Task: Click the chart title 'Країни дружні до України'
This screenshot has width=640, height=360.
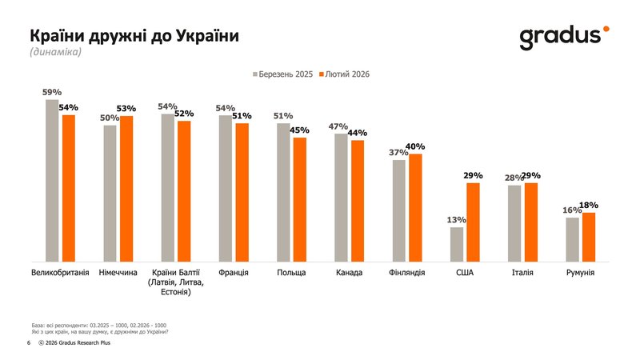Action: (134, 37)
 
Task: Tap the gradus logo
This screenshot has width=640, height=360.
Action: (564, 37)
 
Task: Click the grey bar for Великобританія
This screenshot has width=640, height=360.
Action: (52, 180)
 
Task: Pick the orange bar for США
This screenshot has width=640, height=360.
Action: (473, 222)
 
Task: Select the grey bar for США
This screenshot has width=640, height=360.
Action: (456, 244)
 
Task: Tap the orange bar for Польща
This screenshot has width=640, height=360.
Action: (300, 199)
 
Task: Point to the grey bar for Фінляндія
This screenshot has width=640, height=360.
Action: (398, 210)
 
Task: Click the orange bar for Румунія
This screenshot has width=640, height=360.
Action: (589, 237)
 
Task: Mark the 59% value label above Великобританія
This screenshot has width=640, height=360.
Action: (52, 92)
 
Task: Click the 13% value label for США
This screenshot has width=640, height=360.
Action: (456, 220)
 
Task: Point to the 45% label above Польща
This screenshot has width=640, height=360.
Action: (301, 130)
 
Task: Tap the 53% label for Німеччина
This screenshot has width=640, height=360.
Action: (126, 108)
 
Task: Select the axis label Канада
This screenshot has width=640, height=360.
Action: (349, 273)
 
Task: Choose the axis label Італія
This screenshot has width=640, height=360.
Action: (522, 273)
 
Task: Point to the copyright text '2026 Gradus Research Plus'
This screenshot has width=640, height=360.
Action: (78, 342)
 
